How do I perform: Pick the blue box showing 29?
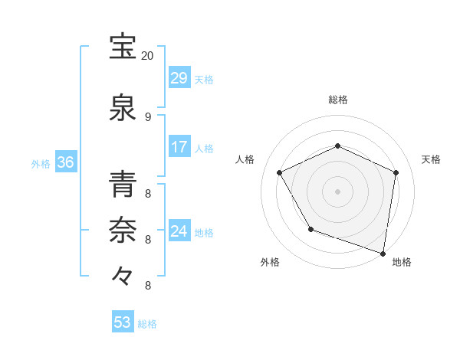(179, 78)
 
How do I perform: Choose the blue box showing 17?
(179, 148)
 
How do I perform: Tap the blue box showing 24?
(179, 231)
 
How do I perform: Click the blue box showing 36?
(65, 162)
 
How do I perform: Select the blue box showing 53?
(123, 322)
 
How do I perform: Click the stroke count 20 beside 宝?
(147, 56)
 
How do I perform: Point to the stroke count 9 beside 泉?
(147, 116)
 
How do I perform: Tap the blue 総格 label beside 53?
(147, 324)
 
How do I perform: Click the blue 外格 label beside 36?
(41, 163)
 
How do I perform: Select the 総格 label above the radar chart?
(337, 100)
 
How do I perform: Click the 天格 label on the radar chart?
(431, 159)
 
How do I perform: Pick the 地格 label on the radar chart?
(402, 262)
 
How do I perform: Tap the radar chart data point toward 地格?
(383, 252)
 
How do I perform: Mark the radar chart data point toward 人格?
(280, 172)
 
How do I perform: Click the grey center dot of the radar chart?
(337, 191)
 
